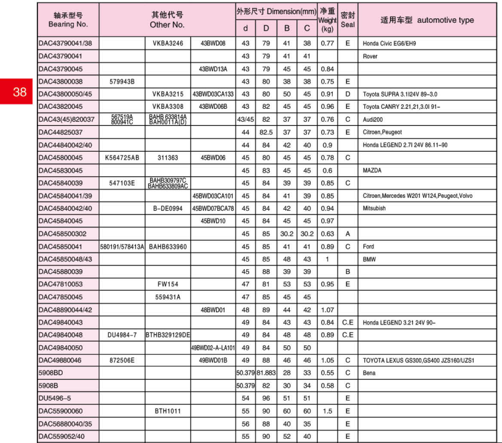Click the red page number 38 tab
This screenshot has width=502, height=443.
click(19, 92)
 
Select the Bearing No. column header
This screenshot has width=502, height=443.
click(68, 20)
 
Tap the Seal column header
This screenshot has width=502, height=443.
click(348, 20)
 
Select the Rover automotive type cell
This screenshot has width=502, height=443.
click(370, 57)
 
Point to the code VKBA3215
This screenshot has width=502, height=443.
click(168, 94)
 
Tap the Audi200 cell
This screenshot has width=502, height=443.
click(373, 119)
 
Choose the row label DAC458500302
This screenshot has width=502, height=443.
click(62, 233)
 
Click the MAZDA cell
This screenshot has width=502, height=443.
click(373, 170)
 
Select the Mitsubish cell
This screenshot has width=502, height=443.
click(375, 208)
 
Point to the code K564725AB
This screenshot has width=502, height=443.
click(122, 157)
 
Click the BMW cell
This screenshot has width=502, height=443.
click(369, 259)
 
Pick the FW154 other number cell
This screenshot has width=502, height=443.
click(168, 284)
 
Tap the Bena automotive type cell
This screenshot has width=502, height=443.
click(370, 372)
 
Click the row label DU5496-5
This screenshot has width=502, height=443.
click(55, 398)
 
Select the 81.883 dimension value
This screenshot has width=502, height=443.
click(266, 372)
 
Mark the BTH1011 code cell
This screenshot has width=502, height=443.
click(168, 410)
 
